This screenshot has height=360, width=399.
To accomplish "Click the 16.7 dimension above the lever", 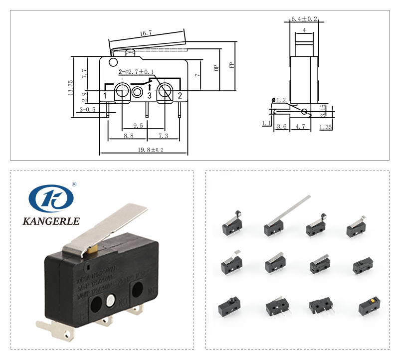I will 146,33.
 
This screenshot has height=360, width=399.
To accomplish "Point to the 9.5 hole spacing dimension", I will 138,126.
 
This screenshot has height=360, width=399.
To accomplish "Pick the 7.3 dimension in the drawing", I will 163,136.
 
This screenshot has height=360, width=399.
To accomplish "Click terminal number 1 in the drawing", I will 105,95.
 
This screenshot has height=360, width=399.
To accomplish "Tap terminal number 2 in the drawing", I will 180,95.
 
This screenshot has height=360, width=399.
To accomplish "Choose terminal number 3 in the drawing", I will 149,95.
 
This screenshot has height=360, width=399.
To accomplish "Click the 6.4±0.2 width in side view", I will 304,19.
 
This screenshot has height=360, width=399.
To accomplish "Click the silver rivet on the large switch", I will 111,301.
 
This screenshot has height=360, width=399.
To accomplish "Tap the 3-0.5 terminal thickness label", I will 87,110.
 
